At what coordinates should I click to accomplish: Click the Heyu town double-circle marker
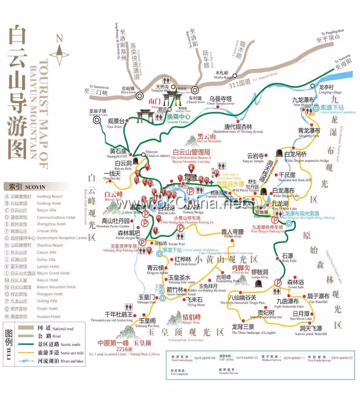139,96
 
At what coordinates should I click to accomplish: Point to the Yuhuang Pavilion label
147,322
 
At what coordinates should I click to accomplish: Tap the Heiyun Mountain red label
207,138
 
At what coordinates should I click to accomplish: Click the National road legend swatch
26,328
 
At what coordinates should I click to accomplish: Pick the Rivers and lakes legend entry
60,361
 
